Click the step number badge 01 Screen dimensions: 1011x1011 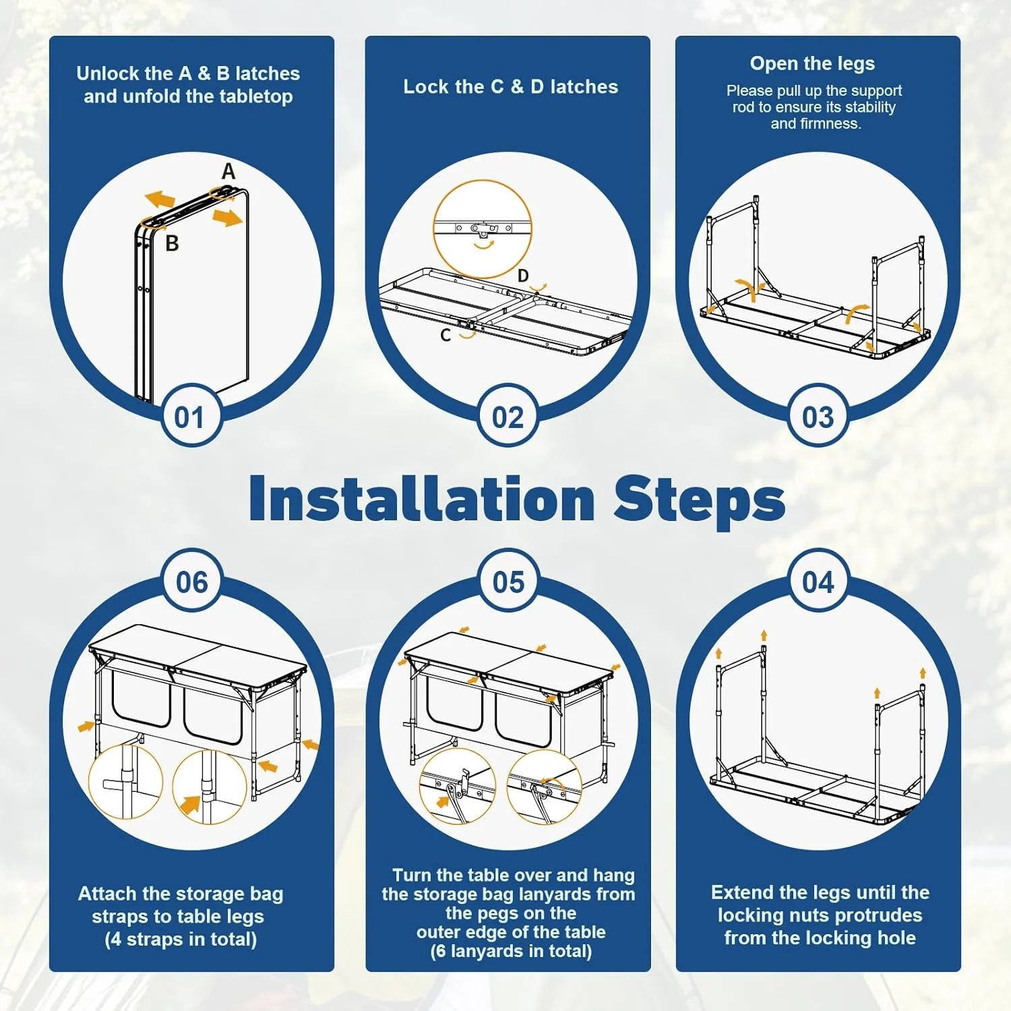pos(189,417)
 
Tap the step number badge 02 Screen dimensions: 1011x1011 pos(508,417)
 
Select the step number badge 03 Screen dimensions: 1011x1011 pos(818,417)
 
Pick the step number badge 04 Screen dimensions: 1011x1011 pos(818,582)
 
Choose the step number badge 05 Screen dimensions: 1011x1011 pos(508,582)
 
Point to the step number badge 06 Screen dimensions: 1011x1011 pos(191,582)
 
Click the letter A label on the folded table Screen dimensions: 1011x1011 pos(228,172)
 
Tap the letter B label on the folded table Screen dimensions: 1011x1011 pos(172,243)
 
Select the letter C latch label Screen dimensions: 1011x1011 pos(446,335)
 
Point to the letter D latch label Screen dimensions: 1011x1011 pos(523,276)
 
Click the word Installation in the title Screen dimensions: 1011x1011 pos(422,499)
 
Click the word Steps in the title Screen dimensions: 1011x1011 pos(699,502)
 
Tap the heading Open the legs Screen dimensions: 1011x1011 pos(812,63)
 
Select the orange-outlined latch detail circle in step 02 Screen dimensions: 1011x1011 pos(435,229)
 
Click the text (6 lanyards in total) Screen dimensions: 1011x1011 pos(511,951)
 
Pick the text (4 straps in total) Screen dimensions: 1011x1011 pos(181,939)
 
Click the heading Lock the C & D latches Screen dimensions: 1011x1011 pos(510,87)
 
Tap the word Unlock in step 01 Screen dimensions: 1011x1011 pos(109,73)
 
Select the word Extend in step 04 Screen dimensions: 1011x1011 pos(742,892)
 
